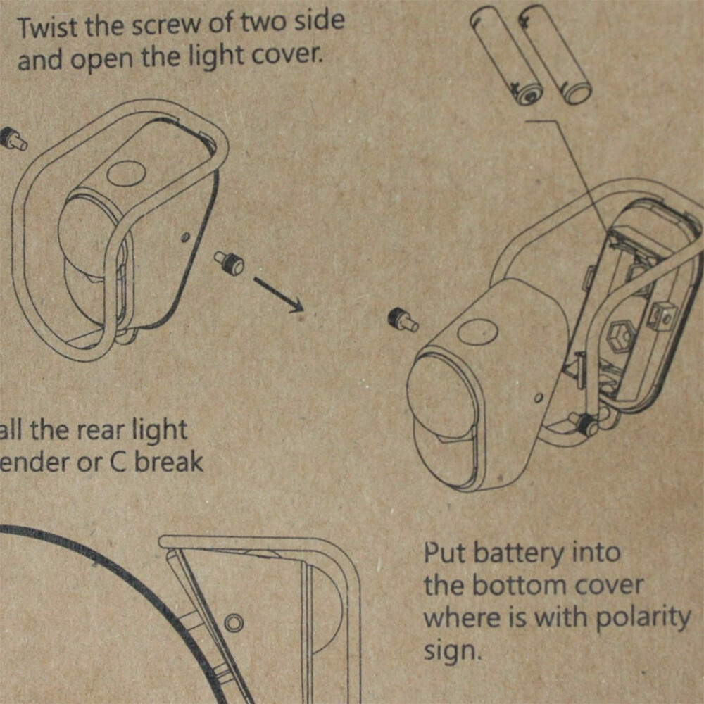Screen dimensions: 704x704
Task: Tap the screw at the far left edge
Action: click(13, 138)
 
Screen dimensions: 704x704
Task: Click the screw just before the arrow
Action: click(230, 263)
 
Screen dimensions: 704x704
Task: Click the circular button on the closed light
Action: click(125, 172)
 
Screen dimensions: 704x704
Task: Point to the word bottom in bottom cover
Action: click(514, 585)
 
